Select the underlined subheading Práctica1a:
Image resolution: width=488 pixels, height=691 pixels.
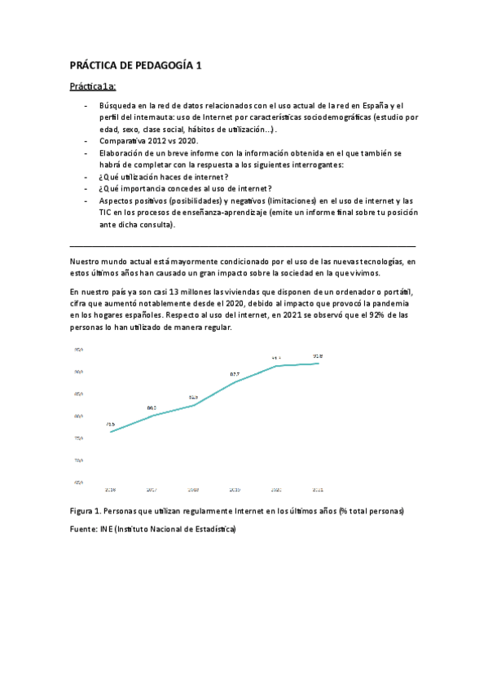[94, 86]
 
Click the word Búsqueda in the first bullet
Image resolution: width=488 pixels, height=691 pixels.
[118, 106]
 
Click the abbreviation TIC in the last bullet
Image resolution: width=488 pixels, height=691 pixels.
[107, 212]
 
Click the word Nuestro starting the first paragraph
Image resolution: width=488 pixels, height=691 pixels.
[88, 261]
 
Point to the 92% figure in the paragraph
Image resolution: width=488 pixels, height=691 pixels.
[371, 314]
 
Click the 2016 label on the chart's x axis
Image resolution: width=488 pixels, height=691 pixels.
[110, 490]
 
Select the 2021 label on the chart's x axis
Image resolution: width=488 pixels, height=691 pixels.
[318, 490]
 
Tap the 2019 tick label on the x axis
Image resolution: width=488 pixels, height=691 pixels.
[235, 490]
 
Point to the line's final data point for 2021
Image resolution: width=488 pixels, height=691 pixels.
[318, 363]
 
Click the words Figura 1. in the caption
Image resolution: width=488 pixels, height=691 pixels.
[87, 511]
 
